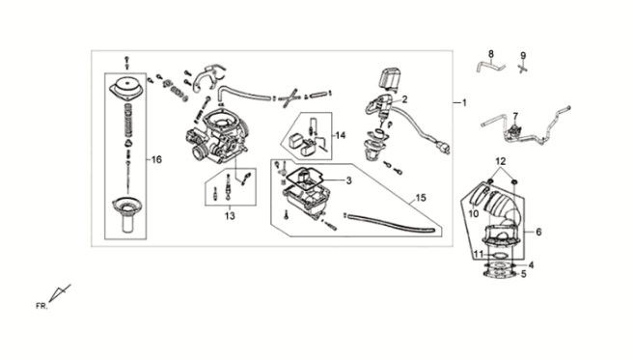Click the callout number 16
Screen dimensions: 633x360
pyautogui.click(x=156, y=160)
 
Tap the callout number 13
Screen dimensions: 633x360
pyautogui.click(x=230, y=216)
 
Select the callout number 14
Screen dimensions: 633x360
pyautogui.click(x=341, y=135)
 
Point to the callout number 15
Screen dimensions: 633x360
pyautogui.click(x=421, y=198)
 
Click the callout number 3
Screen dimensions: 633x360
pyautogui.click(x=348, y=180)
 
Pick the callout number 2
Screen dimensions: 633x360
pyautogui.click(x=404, y=99)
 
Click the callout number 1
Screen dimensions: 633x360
pyautogui.click(x=464, y=103)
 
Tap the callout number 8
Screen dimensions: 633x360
pyautogui.click(x=491, y=54)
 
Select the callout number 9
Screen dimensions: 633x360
pyautogui.click(x=523, y=56)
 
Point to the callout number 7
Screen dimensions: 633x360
pyautogui.click(x=515, y=116)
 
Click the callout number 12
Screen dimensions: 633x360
pyautogui.click(x=501, y=161)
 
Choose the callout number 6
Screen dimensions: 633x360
pyautogui.click(x=538, y=232)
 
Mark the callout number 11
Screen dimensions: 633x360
pyautogui.click(x=479, y=254)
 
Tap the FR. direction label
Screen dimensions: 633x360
pyautogui.click(x=41, y=306)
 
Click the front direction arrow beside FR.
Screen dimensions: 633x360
pyautogui.click(x=60, y=292)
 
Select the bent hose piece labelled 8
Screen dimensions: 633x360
pyautogui.click(x=490, y=66)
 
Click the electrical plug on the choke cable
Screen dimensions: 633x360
pyautogui.click(x=444, y=149)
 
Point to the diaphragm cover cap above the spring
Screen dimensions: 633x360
pyautogui.click(x=125, y=88)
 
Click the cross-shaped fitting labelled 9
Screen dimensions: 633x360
pyautogui.click(x=523, y=68)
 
